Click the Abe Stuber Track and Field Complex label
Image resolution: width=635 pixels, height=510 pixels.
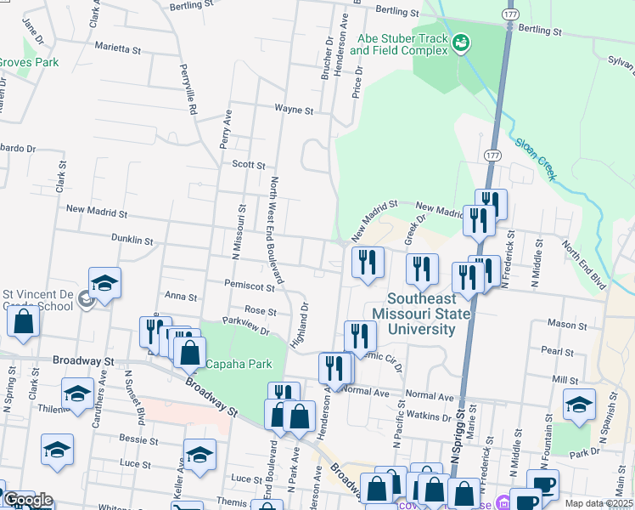pos(398,44)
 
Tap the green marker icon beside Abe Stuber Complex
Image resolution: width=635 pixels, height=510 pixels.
pos(461,42)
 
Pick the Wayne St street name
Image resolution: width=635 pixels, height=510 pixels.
pos(294,110)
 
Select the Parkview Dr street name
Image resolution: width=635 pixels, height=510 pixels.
pos(245,326)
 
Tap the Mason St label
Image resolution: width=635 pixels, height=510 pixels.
pos(561,324)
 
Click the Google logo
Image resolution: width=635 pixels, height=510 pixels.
pos(27,500)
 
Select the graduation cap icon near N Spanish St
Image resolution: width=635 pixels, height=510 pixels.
pos(579,405)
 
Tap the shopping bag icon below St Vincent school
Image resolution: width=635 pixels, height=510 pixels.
pos(23,322)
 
